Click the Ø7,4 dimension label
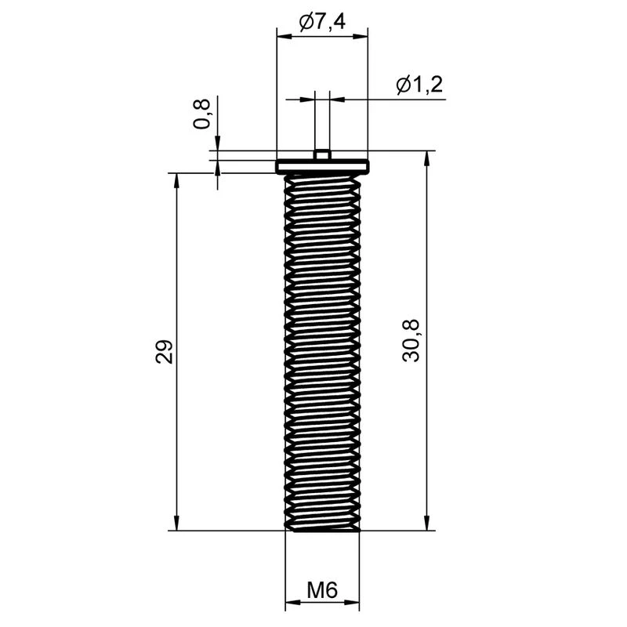(322, 22)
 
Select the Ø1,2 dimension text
(419, 85)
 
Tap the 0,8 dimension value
(201, 114)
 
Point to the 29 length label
(164, 351)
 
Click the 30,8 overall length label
(411, 341)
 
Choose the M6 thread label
(322, 589)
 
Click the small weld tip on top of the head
(322, 154)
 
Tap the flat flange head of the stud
(322, 166)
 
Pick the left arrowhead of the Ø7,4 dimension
(285, 37)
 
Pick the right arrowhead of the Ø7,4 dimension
(361, 37)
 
